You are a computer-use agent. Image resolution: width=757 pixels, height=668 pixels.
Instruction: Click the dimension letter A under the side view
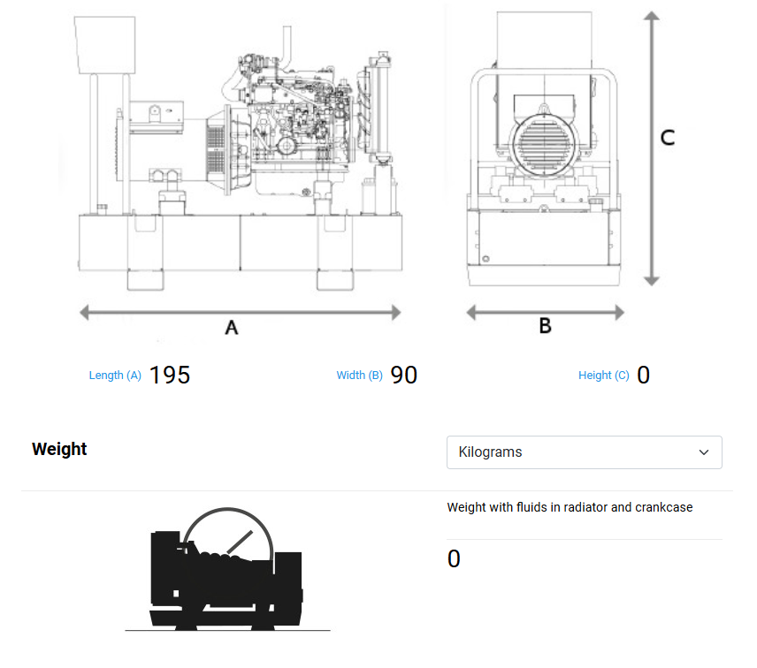(232, 328)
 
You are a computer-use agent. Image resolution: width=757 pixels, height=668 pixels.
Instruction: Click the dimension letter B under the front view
(546, 326)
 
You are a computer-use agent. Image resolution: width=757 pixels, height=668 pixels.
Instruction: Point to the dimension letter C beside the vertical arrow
(669, 138)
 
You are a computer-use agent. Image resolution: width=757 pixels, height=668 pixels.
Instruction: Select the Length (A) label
(115, 376)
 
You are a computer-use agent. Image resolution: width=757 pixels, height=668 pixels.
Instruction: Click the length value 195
(170, 375)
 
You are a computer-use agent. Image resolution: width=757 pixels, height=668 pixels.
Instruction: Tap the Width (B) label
(359, 376)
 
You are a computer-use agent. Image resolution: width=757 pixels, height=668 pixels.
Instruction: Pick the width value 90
(404, 375)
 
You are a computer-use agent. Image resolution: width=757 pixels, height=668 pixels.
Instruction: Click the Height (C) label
(604, 376)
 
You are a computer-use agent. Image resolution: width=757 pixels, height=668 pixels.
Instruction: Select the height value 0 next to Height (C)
(644, 375)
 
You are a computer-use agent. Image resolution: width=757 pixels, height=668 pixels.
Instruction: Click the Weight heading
(59, 449)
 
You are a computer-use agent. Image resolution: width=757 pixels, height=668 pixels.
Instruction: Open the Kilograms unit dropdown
(584, 452)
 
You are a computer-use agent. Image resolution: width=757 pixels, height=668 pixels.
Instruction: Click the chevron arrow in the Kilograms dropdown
(704, 452)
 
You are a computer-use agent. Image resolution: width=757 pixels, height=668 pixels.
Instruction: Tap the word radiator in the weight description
(577, 507)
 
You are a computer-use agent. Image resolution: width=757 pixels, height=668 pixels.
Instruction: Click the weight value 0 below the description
(454, 559)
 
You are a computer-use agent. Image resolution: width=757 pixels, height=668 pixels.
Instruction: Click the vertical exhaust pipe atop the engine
(287, 44)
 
